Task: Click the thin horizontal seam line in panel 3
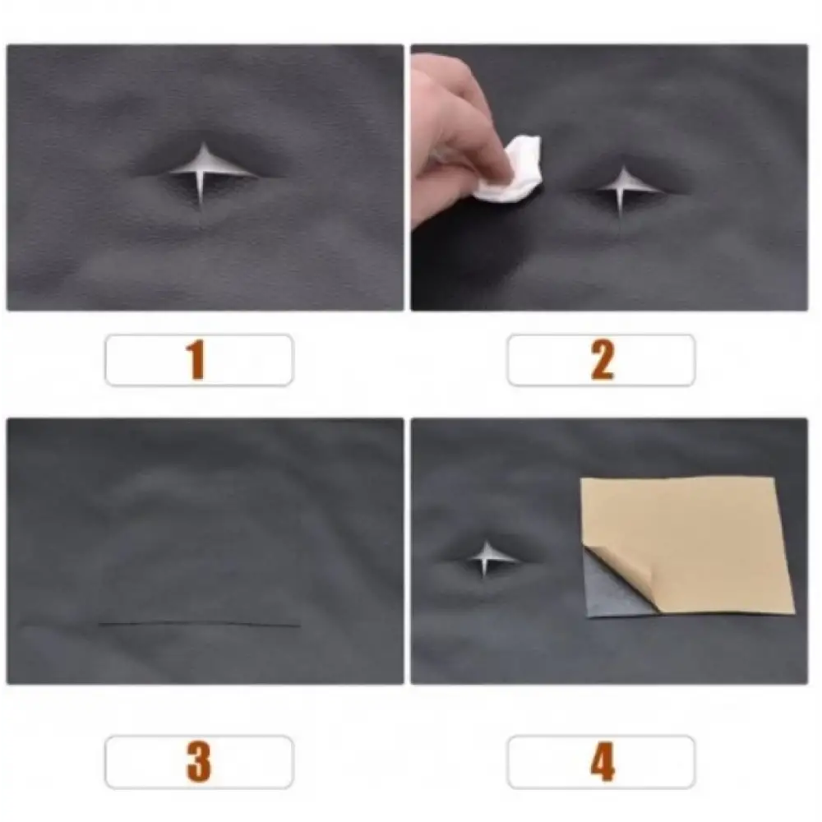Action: pos(199,624)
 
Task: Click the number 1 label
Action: pos(197,361)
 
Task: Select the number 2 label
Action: pos(602,361)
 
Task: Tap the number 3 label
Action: pos(199,762)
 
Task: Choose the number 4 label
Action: pos(602,762)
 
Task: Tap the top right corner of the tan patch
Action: pos(773,478)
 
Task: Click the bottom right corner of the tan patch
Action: pos(795,612)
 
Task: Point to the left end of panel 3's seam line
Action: pos(99,624)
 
